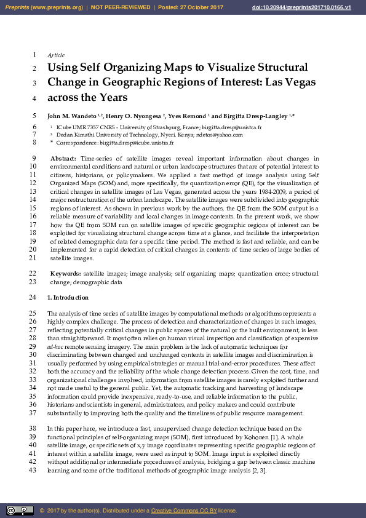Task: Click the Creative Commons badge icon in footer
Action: point(20,511)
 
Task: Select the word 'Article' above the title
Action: point(56,55)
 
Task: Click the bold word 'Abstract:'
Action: point(63,159)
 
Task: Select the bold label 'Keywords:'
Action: point(65,273)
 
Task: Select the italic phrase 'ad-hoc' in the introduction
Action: point(56,347)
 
